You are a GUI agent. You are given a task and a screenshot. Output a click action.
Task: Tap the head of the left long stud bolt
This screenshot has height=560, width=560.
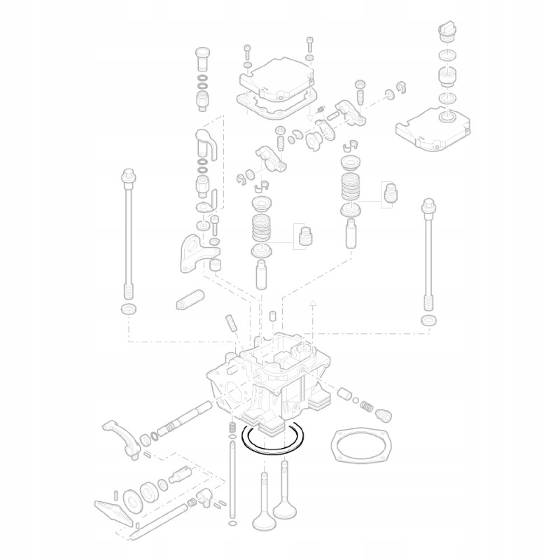pos(127,176)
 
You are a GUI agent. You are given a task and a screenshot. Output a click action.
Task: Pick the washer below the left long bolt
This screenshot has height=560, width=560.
pos(129,309)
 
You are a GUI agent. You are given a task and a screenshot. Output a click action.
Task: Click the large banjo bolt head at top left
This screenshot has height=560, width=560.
pos(202,54)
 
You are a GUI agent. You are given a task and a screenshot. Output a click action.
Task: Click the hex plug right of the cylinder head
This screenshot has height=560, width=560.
pos(383,414)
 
